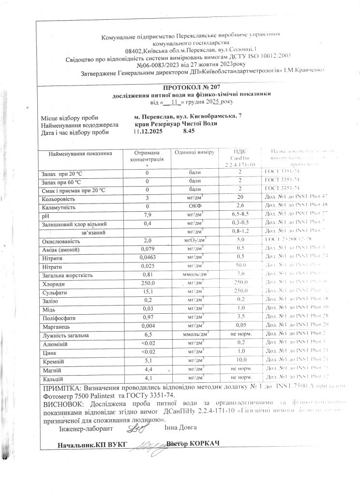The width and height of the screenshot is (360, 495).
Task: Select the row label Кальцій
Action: (53, 379)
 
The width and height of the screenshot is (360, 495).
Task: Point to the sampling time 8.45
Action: (189, 131)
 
